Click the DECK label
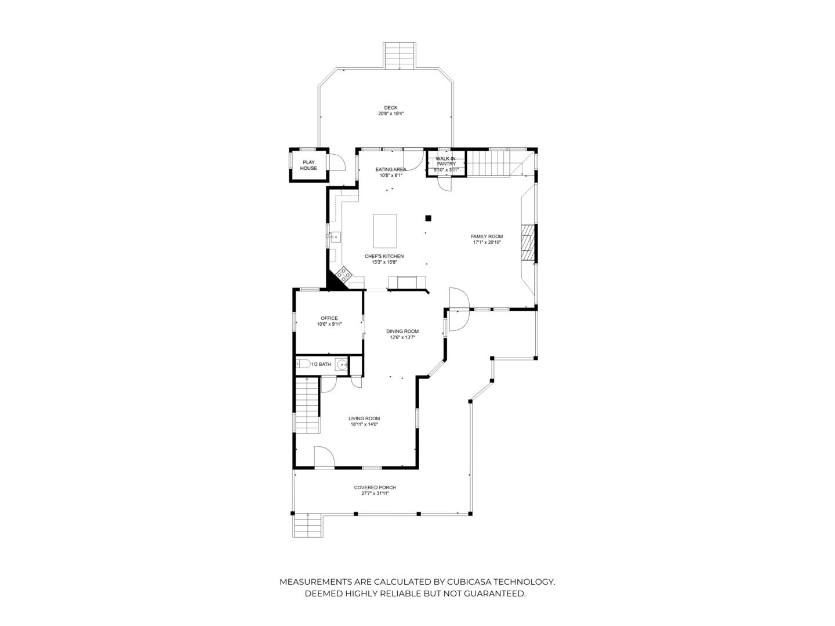[391, 108]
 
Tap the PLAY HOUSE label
[308, 165]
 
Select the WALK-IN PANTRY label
[445, 161]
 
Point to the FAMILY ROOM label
[487, 236]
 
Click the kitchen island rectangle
[385, 231]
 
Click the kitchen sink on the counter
[335, 237]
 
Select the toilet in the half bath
[303, 364]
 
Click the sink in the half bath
[342, 364]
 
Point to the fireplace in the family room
[528, 243]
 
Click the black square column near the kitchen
[429, 218]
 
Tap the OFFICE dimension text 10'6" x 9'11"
[329, 324]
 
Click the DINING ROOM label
[402, 331]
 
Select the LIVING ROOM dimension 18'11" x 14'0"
[364, 424]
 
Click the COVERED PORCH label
[375, 487]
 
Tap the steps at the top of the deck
[400, 56]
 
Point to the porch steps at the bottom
[307, 525]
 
